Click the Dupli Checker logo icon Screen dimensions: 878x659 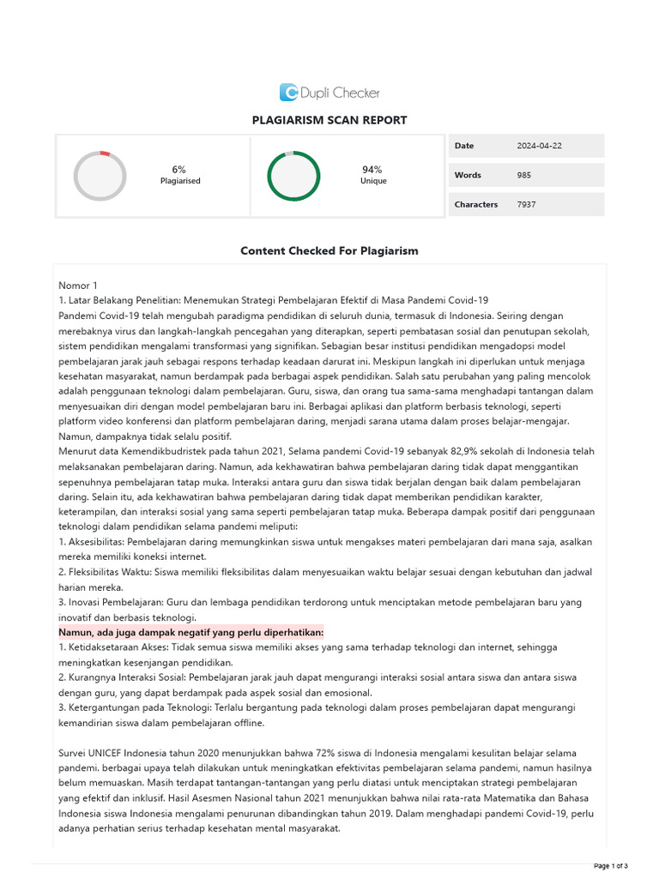tap(289, 93)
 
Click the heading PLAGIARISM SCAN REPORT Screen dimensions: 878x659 tap(329, 121)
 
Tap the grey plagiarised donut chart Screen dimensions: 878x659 tap(100, 176)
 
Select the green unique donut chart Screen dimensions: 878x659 tap(293, 176)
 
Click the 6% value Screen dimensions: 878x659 tap(178, 170)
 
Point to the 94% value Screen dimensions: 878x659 tap(372, 170)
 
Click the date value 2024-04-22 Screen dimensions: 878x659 tap(539, 146)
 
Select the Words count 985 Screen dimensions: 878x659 tap(523, 175)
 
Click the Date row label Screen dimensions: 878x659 tap(464, 146)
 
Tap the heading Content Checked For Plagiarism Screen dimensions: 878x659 tap(329, 251)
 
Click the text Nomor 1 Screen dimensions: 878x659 tap(78, 286)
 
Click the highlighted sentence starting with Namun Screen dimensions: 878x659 tap(190, 632)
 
